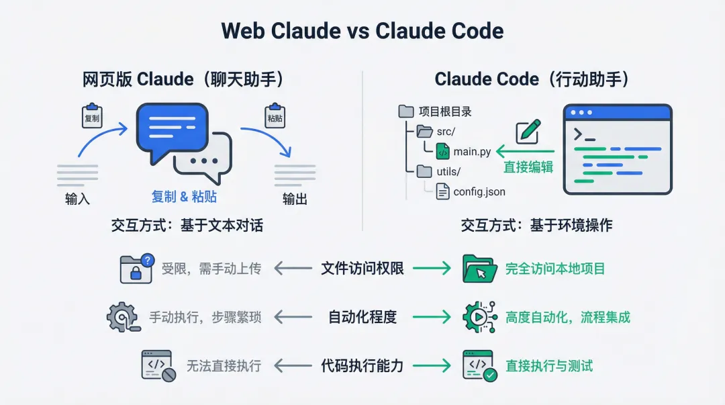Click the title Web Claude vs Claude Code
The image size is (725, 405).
362,31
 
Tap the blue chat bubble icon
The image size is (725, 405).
172,131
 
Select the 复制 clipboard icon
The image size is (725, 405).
91,116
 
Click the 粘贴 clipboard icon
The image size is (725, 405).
275,116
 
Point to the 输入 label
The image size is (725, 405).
77,199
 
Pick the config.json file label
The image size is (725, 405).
479,192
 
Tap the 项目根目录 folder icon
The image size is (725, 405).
406,111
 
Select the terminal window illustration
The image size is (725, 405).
617,149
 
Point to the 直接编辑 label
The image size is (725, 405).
528,167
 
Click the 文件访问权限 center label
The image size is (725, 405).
362,269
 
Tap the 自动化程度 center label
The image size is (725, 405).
362,317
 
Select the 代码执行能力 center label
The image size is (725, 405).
362,366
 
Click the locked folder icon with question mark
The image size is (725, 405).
136,269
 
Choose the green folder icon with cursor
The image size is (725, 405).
479,269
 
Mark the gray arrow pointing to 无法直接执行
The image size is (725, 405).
293,366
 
